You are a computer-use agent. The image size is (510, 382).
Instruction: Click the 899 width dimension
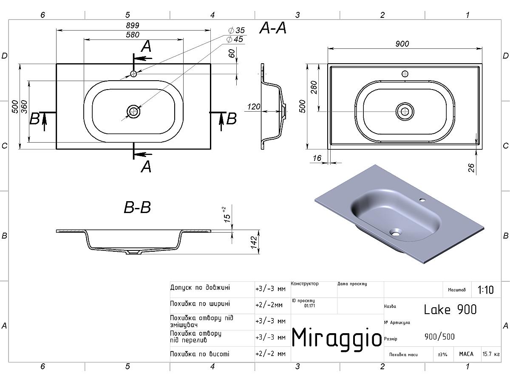pyautogui.click(x=133, y=25)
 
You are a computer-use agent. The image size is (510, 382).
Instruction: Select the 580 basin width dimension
pyautogui.click(x=133, y=35)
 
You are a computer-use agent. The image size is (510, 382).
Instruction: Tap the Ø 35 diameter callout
pyautogui.click(x=237, y=30)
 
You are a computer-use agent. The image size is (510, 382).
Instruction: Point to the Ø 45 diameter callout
pyautogui.click(x=235, y=39)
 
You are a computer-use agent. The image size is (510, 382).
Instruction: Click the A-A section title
pyautogui.click(x=273, y=28)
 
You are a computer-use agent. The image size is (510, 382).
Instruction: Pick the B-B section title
pyautogui.click(x=137, y=207)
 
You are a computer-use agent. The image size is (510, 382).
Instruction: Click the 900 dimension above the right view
pyautogui.click(x=402, y=44)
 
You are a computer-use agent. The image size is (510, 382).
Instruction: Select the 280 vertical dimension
pyautogui.click(x=314, y=87)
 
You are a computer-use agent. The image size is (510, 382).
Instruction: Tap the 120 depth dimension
pyautogui.click(x=253, y=107)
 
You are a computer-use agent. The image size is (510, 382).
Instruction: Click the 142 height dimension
pyautogui.click(x=254, y=242)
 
